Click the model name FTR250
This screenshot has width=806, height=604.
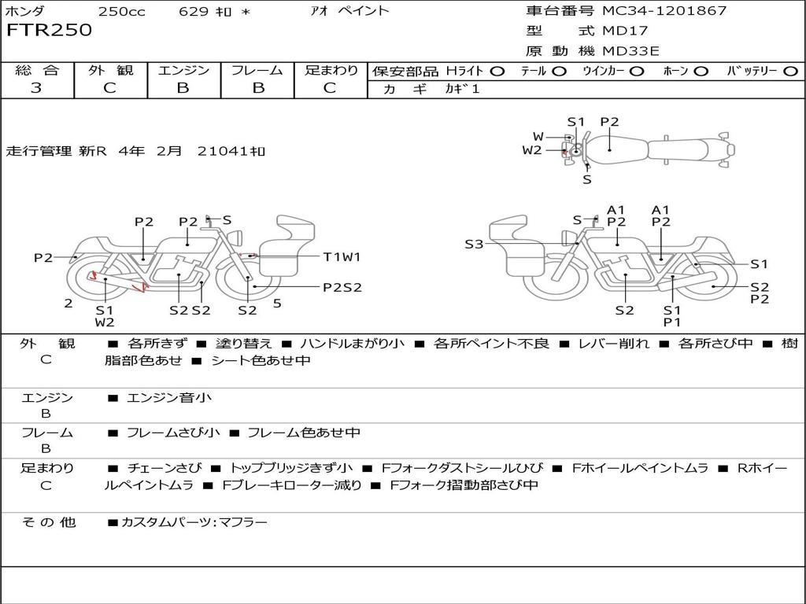click(50, 30)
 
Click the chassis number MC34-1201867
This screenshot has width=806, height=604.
click(664, 11)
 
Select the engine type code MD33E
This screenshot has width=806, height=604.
click(630, 51)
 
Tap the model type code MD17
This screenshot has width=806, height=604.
click(625, 31)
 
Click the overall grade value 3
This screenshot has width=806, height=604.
click(36, 88)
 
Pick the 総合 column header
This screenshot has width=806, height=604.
click(37, 70)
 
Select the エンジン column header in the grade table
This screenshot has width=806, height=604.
click(183, 70)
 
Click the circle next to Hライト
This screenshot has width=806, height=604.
click(497, 72)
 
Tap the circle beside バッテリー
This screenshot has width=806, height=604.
click(790, 72)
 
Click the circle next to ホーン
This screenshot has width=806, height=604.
click(701, 72)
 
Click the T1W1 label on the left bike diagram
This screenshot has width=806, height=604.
click(342, 257)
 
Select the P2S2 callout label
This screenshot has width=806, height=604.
click(342, 288)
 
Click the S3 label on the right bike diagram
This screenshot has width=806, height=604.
click(474, 244)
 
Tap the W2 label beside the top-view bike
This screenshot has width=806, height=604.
click(532, 150)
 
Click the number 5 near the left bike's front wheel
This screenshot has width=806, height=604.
click(277, 304)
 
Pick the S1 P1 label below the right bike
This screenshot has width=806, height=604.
click(672, 316)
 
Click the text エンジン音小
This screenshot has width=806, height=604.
click(169, 397)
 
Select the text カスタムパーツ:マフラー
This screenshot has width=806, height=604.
click(194, 522)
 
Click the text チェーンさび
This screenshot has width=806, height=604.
click(165, 468)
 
